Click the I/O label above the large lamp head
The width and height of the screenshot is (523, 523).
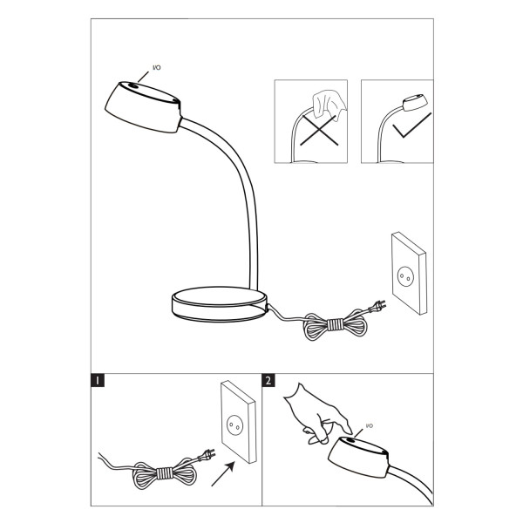[156, 68]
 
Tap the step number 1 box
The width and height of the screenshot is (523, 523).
[98, 380]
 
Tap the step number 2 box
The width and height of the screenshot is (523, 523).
[268, 380]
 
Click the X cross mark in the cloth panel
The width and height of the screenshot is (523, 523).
[319, 131]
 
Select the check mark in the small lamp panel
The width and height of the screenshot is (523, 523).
[411, 126]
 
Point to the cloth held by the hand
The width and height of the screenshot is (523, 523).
[329, 104]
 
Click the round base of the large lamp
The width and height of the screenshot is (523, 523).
[220, 304]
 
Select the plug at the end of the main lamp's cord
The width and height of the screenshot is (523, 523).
[378, 305]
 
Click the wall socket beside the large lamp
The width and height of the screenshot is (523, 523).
[410, 273]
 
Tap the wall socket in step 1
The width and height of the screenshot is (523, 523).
[239, 422]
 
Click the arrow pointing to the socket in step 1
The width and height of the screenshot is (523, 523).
[223, 473]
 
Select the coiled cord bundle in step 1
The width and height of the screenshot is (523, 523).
[164, 473]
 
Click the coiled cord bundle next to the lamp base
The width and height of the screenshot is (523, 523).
[336, 324]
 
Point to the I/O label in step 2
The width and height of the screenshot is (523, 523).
[370, 426]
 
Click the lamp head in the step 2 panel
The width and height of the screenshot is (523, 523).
[358, 458]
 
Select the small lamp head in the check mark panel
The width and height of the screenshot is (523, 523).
[415, 102]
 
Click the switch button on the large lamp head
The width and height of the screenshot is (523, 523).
[133, 85]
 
